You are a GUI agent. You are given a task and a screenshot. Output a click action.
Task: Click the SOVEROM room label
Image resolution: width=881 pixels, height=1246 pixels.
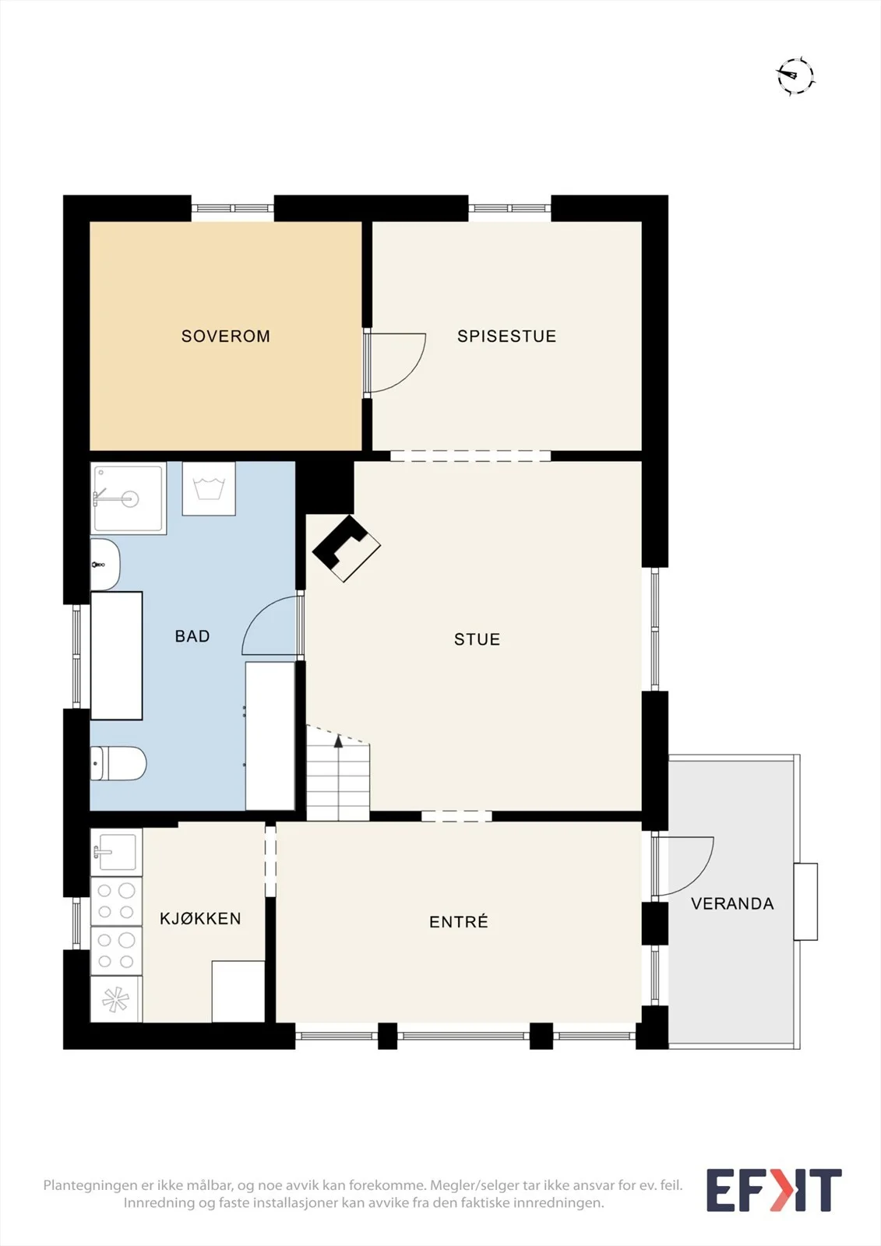(225, 336)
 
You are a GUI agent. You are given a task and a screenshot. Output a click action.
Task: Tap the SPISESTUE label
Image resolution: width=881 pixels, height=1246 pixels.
(506, 336)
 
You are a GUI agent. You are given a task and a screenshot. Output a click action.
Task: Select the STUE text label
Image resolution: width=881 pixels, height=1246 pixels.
(477, 639)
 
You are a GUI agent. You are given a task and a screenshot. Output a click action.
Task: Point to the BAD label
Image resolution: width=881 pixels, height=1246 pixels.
(192, 635)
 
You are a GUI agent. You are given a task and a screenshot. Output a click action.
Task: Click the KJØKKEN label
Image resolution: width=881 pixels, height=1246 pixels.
(200, 919)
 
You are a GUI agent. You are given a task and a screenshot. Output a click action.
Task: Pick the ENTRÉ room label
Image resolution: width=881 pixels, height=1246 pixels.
(459, 922)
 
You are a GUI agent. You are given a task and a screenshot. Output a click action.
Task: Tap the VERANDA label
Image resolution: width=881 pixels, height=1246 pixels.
(732, 903)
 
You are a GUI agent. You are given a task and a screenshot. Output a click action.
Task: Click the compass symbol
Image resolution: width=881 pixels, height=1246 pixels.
(796, 75)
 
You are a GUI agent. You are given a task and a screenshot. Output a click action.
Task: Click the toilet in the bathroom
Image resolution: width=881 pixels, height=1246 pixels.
(118, 763)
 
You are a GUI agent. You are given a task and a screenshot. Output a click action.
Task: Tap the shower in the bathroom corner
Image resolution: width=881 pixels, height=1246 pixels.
(129, 498)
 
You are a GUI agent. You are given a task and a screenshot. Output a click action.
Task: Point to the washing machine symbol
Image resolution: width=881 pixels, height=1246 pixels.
(209, 488)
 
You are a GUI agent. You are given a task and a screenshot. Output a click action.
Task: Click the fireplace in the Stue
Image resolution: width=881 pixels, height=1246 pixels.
(346, 548)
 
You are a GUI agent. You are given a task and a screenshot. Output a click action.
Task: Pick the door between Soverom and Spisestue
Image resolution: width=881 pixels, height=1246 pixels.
(395, 363)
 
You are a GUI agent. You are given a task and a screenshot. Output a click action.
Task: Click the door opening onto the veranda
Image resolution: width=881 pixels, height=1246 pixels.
(683, 866)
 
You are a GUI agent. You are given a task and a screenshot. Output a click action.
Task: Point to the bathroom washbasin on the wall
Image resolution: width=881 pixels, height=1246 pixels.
(104, 564)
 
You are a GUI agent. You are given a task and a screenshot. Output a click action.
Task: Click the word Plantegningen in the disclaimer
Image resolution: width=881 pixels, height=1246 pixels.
(89, 1185)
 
